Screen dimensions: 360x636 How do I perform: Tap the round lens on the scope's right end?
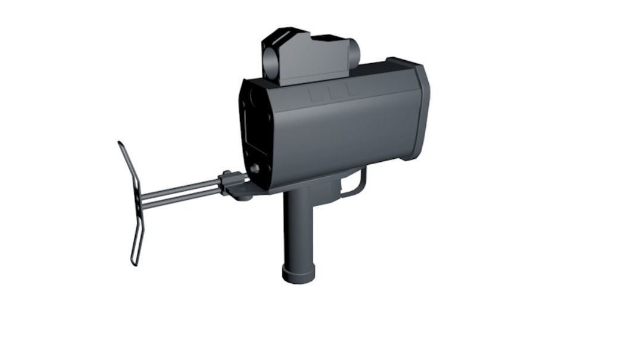354,52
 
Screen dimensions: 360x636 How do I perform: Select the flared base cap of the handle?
298,275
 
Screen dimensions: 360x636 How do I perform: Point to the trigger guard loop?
357,184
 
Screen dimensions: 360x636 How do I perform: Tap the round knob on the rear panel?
255,168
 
